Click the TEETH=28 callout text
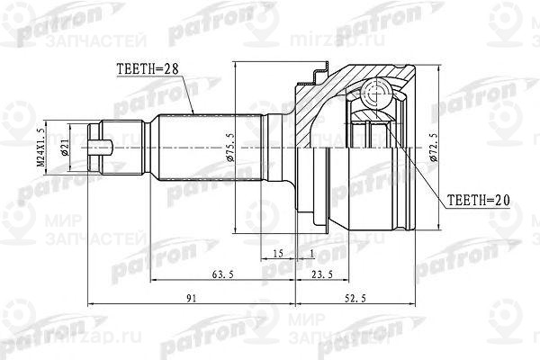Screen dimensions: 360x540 tap(150, 67)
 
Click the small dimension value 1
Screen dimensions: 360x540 tap(311, 254)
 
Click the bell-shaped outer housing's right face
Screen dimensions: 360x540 tap(416, 144)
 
